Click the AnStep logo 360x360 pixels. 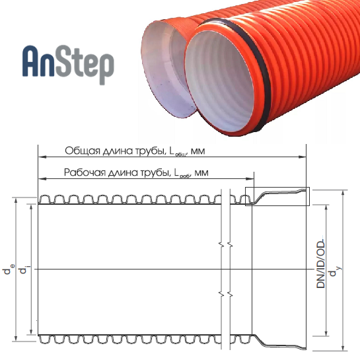[x=68, y=64]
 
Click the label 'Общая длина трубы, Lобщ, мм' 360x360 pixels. [x=135, y=151]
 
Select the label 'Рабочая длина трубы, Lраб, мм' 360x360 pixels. [x=136, y=172]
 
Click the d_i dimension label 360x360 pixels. [x=24, y=269]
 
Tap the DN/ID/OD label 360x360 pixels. [x=321, y=262]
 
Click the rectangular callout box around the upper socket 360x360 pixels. [x=277, y=188]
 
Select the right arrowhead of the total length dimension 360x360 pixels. [x=303, y=157]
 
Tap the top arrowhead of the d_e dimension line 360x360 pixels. [x=16, y=201]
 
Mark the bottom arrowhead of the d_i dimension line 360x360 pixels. [x=32, y=331]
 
